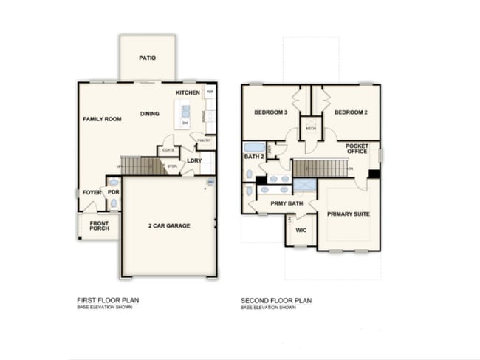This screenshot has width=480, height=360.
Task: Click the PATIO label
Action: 148,58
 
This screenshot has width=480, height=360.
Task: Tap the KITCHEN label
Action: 188,92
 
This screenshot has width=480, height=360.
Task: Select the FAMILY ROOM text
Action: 102,119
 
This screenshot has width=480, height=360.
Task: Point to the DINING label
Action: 150,114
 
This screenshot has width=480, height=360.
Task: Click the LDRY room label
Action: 194,160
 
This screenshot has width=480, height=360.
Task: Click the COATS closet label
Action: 168,150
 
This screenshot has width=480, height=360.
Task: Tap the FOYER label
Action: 92,192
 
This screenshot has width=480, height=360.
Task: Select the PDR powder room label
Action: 113,192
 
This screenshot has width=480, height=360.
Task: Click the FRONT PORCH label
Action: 100,225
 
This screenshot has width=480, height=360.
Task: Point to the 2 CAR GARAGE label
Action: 168,225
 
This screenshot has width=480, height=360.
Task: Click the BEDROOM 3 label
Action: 270,112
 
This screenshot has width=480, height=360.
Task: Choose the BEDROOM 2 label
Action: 351,112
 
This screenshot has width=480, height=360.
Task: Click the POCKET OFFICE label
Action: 357,149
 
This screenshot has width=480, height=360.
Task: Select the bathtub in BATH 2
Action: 254,146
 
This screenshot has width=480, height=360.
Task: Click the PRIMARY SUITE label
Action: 348,214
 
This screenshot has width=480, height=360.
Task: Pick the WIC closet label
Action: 300,230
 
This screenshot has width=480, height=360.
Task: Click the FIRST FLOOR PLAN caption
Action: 108,300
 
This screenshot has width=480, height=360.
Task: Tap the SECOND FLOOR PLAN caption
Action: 276,300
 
